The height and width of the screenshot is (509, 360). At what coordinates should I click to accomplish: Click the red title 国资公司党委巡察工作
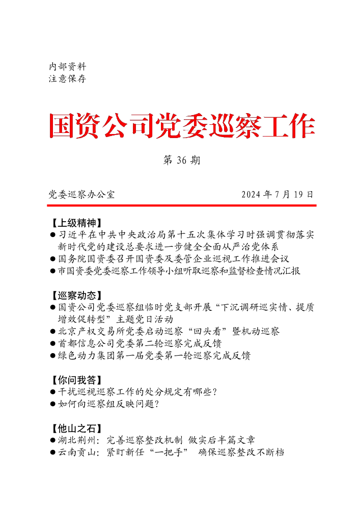pyautogui.click(x=182, y=126)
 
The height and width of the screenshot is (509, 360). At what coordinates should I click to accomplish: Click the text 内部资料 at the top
pyautogui.click(x=67, y=67)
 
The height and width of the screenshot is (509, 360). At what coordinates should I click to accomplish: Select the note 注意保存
pyautogui.click(x=67, y=79)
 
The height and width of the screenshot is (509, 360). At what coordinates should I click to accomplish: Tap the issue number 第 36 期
pyautogui.click(x=181, y=160)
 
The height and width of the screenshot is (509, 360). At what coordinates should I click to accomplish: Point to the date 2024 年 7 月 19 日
pyautogui.click(x=277, y=194)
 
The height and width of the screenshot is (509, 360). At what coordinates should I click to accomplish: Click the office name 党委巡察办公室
pyautogui.click(x=81, y=194)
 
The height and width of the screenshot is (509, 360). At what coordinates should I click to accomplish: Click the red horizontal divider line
pyautogui.click(x=182, y=205)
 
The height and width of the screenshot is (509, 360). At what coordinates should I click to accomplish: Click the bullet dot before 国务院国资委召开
pyautogui.click(x=53, y=259)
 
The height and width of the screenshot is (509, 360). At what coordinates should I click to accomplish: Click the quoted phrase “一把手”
pyautogui.click(x=165, y=452)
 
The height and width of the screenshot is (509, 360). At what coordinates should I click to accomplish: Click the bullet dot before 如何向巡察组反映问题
pyautogui.click(x=53, y=404)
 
